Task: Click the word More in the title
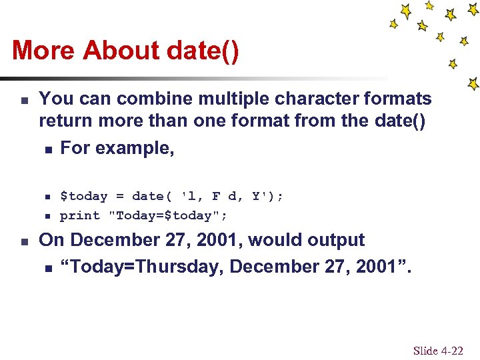(44, 51)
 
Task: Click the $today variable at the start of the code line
(83, 196)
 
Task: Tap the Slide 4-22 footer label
(438, 351)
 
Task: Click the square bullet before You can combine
(23, 101)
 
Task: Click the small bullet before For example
(47, 149)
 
